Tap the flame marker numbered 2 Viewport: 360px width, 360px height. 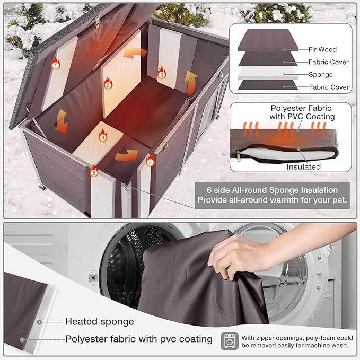pos(108,83)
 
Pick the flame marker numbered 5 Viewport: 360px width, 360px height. pos(94,171)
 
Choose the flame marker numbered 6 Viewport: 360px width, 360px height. pos(150,161)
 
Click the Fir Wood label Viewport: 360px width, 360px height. pos(322,49)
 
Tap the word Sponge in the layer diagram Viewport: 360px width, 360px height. pos(321,75)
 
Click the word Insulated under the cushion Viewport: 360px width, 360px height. pos(303,166)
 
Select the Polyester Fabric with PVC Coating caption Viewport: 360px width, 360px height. pos(302,112)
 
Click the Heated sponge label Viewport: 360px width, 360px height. pos(100,322)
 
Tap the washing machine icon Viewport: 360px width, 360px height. pos(230,341)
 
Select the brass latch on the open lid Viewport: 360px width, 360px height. pos(98,21)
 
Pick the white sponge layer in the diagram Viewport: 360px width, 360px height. pos(268,73)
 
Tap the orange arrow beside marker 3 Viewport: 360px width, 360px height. pos(191,83)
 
